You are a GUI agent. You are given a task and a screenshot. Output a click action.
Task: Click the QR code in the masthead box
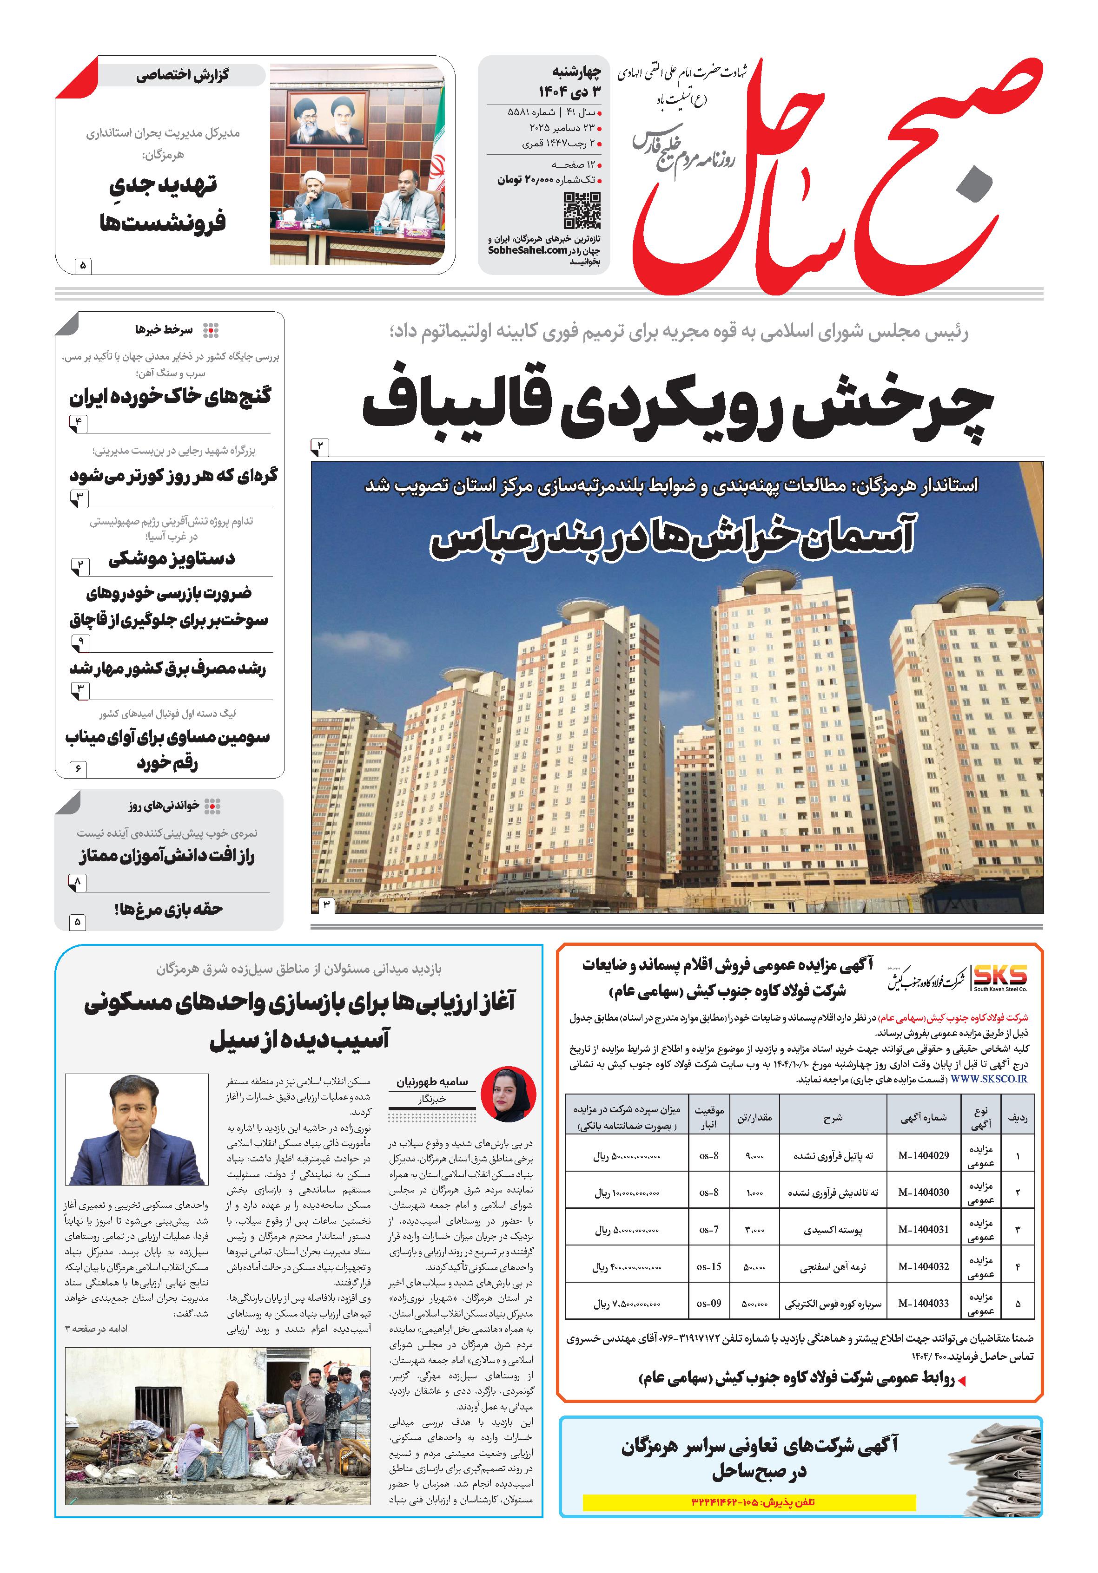[x=582, y=210]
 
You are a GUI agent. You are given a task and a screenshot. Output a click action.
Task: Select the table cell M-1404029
[x=923, y=1155]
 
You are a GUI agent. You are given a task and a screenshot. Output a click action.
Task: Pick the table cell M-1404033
[x=923, y=1304]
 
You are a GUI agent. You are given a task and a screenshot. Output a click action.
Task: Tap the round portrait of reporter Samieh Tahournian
[x=509, y=1094]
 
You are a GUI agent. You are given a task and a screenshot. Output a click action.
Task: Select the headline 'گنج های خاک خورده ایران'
[x=170, y=397]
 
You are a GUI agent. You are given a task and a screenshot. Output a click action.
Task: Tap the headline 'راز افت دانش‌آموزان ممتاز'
[x=166, y=856]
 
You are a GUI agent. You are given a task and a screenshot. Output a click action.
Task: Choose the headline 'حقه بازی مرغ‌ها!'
[x=169, y=909]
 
